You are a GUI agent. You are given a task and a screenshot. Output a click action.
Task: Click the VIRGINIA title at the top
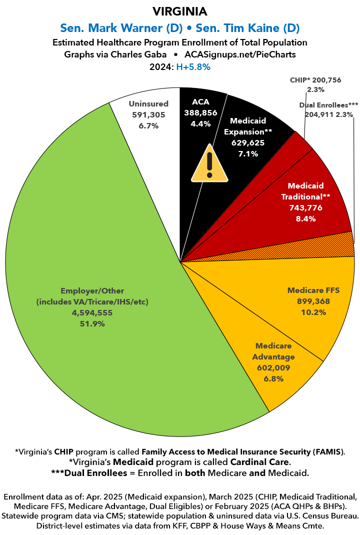tap(179, 10)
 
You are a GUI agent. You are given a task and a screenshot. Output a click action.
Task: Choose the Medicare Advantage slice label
tap(275, 351)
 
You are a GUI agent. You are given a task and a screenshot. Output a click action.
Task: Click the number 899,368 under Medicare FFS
tap(313, 301)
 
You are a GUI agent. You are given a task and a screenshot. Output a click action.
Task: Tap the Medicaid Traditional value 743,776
tap(305, 207)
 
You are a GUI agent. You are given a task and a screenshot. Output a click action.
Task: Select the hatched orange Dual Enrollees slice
tap(340, 245)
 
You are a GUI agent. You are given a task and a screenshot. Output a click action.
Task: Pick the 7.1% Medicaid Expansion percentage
tap(248, 153)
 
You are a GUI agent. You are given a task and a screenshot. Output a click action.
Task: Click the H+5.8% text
tap(192, 66)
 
